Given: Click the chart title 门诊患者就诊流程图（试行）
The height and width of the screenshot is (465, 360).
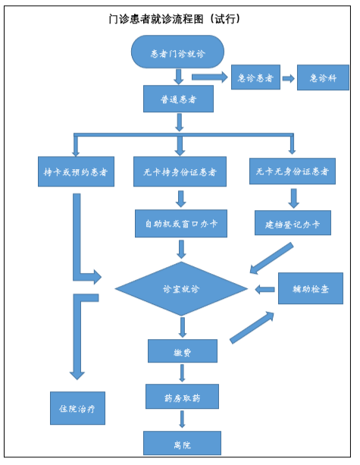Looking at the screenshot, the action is coord(175,19).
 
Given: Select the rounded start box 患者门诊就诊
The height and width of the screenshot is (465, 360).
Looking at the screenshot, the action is coord(177,52).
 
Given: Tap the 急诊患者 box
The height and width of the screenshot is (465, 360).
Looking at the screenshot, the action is coord(255,77).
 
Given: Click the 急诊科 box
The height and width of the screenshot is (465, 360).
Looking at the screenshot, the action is coord(323,77).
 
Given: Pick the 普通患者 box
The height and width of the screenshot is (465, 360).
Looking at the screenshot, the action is coord(178,99).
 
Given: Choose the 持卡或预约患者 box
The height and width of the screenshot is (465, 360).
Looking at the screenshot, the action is coord(76,171).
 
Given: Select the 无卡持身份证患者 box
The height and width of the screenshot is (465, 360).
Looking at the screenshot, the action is coord(180,171).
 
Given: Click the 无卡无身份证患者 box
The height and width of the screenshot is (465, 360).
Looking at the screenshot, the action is coord(293,171).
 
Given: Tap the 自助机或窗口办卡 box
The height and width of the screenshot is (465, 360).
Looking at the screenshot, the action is coord(181,224).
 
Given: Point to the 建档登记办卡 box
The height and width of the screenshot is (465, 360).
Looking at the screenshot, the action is coord(293,223).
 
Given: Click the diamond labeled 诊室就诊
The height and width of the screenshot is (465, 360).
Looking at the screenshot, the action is coord(181,289).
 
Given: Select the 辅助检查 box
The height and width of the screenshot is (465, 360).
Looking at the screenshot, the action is coord(311,288).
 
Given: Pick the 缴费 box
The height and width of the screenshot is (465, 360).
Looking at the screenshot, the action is coord(183,350).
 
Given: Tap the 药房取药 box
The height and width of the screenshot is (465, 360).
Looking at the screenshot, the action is coord(182,397).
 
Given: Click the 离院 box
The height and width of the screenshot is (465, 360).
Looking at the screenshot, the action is coord(182,443).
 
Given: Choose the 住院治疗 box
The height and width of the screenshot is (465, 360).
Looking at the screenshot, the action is coord(77,408).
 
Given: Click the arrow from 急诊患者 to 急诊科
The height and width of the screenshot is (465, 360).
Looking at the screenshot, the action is coord(288,78).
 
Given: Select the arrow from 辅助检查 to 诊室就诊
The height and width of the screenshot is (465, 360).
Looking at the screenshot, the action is coord(265,290).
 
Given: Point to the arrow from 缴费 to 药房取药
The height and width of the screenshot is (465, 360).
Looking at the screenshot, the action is coord(182,373).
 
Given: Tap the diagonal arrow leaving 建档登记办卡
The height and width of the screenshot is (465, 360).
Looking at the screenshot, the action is coord(271,259).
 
